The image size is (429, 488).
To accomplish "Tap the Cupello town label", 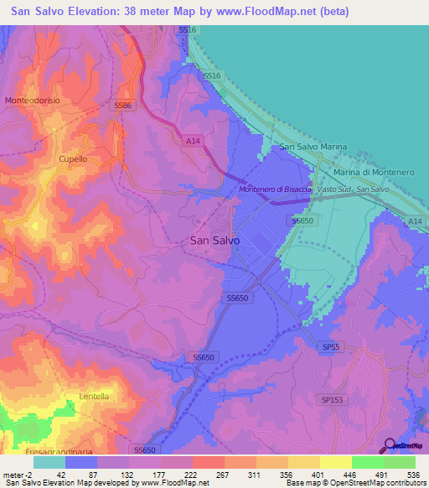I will point(72,158).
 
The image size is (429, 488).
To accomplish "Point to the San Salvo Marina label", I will point(313,147).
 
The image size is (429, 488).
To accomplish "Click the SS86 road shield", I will point(123,106).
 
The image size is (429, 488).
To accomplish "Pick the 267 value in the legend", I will point(224,473).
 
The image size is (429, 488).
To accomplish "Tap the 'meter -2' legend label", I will point(17,473).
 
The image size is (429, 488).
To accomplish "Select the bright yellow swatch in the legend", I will point(335,461).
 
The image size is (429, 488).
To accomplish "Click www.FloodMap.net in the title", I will point(264,12).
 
